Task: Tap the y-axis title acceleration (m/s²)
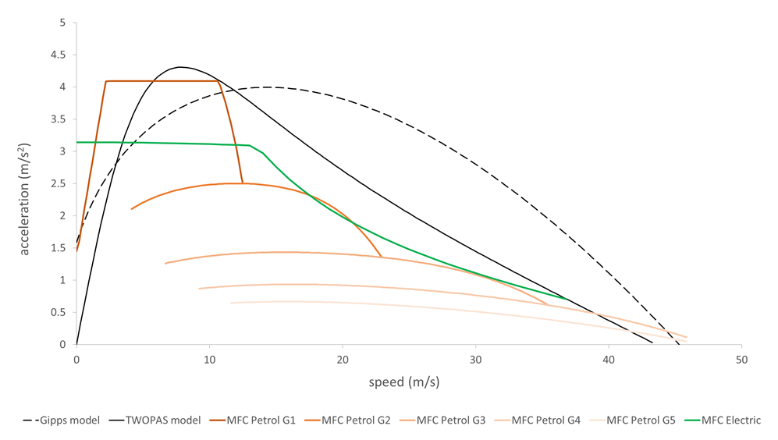[x=26, y=200]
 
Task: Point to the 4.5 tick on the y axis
[x=57, y=55]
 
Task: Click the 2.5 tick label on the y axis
[x=57, y=183]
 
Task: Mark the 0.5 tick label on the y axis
[x=57, y=312]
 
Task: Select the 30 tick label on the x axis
[x=476, y=360]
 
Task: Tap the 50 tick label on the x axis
[x=741, y=360]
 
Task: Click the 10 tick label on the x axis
[x=209, y=360]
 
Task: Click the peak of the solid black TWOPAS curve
[x=179, y=67]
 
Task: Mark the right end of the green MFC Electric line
[x=567, y=299]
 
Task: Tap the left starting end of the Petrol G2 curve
[x=131, y=209]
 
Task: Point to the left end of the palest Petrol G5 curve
[x=231, y=303]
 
